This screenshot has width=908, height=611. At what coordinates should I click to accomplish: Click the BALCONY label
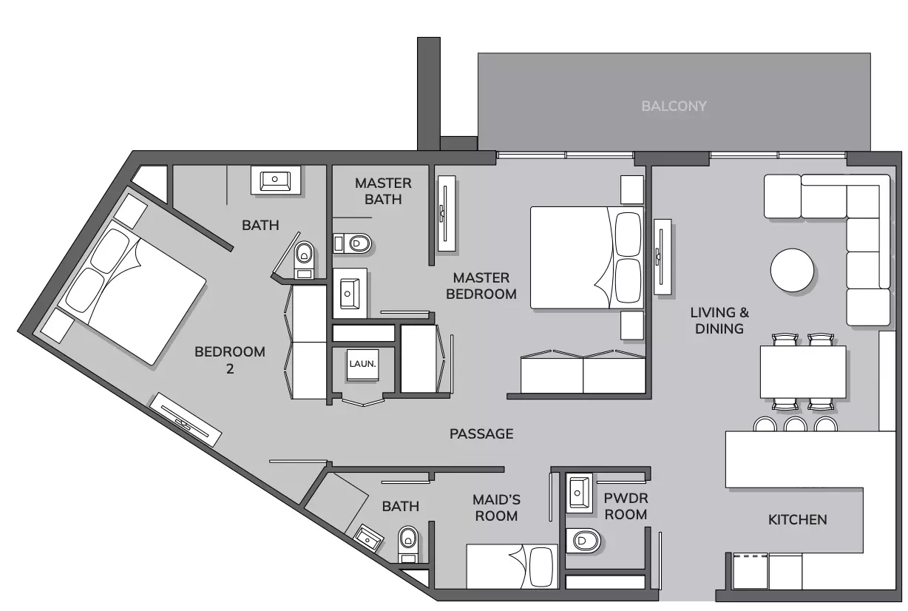pyautogui.click(x=674, y=107)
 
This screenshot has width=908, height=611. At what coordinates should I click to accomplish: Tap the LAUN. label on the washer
pyautogui.click(x=363, y=364)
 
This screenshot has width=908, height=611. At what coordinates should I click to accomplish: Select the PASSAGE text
pyautogui.click(x=481, y=433)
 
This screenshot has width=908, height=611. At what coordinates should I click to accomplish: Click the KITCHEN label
pyautogui.click(x=797, y=519)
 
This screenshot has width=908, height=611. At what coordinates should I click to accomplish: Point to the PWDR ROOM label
pyautogui.click(x=626, y=507)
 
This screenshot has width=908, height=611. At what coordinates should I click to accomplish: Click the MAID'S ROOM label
pyautogui.click(x=497, y=507)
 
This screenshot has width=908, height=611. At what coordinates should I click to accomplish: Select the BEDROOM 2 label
pyautogui.click(x=230, y=360)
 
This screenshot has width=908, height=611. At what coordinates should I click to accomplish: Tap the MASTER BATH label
pyautogui.click(x=383, y=191)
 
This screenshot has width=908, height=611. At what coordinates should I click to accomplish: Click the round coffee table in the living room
pyautogui.click(x=792, y=270)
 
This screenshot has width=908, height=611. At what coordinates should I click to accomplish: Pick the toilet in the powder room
pyautogui.click(x=583, y=541)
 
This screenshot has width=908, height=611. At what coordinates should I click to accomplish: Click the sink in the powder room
pyautogui.click(x=579, y=493)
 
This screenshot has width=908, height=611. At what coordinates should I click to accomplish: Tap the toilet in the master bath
pyautogui.click(x=352, y=243)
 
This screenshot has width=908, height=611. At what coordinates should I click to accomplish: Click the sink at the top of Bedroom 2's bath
pyautogui.click(x=275, y=180)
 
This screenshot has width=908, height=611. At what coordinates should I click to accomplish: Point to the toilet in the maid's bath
pyautogui.click(x=408, y=544)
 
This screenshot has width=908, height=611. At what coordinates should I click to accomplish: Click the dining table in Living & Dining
pyautogui.click(x=802, y=372)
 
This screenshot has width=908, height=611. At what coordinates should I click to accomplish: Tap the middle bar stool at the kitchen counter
pyautogui.click(x=796, y=424)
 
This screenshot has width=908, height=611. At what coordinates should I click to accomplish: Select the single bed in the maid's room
pyautogui.click(x=512, y=567)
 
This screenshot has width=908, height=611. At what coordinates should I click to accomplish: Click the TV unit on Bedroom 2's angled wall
pyautogui.click(x=186, y=420)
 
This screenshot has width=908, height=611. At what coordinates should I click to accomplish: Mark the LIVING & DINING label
pyautogui.click(x=719, y=321)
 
